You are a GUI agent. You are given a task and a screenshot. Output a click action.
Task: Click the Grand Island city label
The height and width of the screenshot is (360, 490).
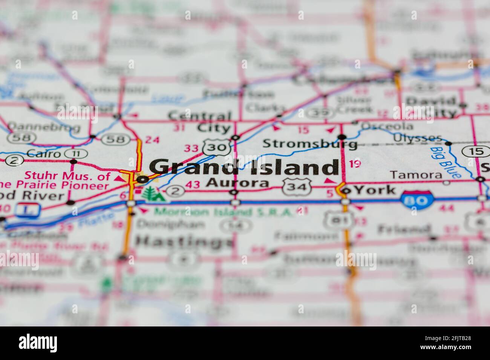pos(244,167)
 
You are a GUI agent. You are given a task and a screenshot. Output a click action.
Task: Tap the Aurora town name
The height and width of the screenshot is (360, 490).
pos(237,183)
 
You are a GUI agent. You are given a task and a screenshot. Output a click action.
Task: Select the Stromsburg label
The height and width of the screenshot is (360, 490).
pos(310,143)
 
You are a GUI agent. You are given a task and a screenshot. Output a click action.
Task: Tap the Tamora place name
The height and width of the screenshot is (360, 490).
pos(416,175)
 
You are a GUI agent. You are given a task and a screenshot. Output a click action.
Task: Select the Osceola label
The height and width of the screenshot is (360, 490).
pos(389,126)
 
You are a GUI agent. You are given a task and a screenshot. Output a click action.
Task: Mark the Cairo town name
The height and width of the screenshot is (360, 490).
pos(44,154)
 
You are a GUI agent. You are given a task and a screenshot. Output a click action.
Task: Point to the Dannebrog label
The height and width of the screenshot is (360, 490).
pos(44,127)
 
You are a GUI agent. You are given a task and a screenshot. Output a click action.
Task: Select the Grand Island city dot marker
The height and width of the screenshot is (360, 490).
pos(142,180)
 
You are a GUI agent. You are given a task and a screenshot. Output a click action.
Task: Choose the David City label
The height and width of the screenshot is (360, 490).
pos(430,107)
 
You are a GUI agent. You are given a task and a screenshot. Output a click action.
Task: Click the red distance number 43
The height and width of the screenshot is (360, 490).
pos(193,185)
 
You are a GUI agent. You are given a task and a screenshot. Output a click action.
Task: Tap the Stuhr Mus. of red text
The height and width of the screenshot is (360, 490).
pos(67,176)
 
